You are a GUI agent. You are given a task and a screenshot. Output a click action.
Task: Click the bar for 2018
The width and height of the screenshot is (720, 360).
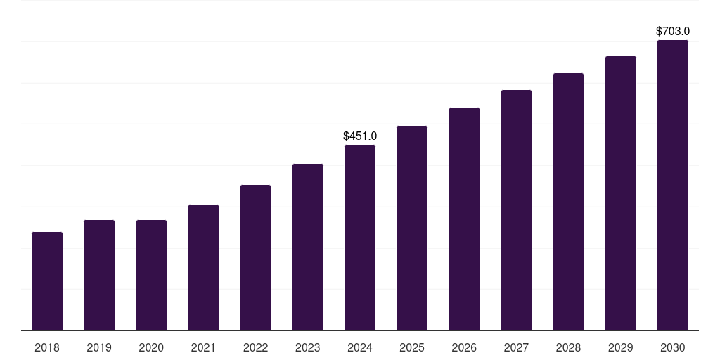(47, 281)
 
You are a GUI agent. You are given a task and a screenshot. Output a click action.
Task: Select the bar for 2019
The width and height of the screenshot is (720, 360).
(99, 275)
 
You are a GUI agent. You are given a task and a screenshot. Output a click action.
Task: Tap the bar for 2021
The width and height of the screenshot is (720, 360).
(203, 267)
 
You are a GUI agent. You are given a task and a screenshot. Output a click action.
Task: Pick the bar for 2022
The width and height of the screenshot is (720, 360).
(255, 257)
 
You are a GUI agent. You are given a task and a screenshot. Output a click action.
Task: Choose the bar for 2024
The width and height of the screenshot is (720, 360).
(360, 238)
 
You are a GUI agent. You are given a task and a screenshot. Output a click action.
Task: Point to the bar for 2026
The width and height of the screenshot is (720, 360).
(464, 219)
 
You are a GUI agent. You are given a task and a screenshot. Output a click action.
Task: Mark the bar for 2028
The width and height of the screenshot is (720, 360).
(568, 202)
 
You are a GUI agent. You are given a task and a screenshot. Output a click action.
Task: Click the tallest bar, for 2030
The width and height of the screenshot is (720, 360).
(673, 185)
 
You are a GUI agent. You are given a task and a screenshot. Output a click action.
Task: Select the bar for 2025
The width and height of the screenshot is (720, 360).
(412, 228)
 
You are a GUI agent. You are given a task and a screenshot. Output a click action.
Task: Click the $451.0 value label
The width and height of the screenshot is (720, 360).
(360, 136)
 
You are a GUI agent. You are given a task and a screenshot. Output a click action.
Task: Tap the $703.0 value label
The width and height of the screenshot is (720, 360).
(673, 31)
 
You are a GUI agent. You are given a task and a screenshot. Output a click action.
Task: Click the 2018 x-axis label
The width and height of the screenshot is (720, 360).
(47, 347)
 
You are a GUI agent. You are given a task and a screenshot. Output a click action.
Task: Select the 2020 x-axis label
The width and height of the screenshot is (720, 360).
(151, 347)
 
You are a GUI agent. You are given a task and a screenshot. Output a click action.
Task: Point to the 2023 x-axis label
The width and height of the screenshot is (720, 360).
(308, 347)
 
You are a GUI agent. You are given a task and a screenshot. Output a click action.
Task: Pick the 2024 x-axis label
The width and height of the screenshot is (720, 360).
(360, 347)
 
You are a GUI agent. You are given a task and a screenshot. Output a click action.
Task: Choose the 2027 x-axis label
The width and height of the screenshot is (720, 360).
(516, 347)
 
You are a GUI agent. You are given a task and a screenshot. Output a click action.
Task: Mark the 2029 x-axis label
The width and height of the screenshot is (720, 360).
(621, 347)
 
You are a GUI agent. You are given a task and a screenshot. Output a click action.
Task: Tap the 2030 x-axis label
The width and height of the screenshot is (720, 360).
(673, 347)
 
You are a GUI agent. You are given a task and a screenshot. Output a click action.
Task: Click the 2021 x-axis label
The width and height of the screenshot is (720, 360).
(203, 347)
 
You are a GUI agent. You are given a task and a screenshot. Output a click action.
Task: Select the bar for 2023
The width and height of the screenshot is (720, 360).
(308, 247)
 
